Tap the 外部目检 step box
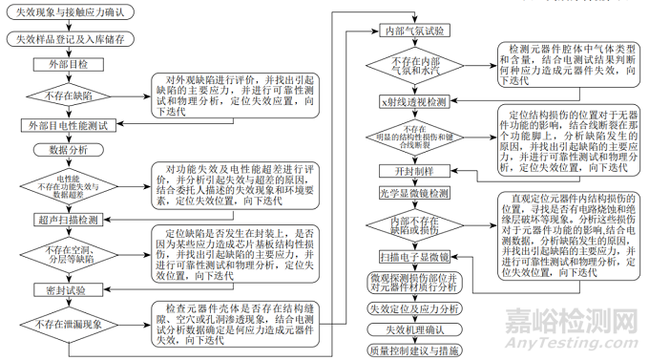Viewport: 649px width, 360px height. tap(66, 65)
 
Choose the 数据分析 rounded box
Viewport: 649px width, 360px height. tap(66, 150)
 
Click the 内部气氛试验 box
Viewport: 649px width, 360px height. tap(414, 32)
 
